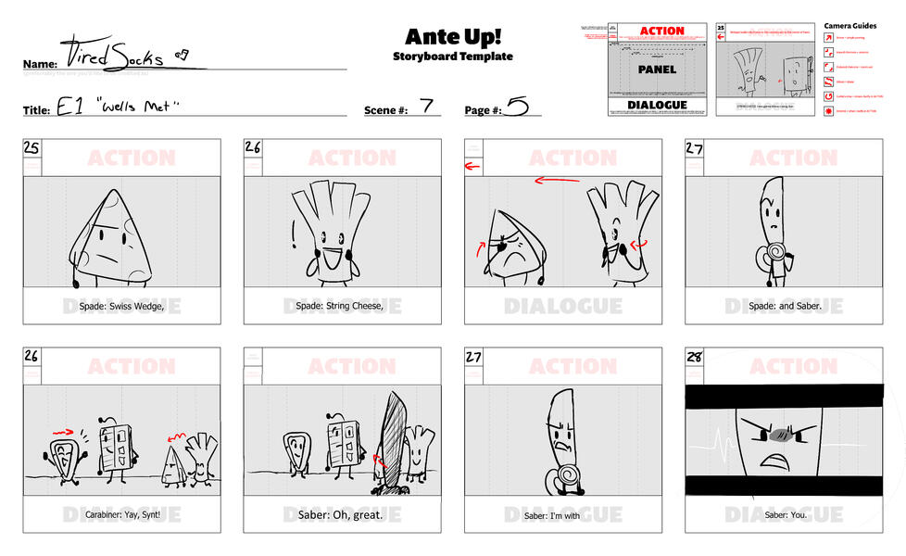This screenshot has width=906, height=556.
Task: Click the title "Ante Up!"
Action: [x=452, y=36]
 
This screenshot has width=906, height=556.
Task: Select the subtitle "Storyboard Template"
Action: [x=452, y=57]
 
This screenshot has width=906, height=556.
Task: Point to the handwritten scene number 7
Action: [x=426, y=105]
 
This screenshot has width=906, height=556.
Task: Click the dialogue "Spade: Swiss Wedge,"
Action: [x=121, y=306]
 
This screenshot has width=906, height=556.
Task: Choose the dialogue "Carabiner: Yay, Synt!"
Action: [x=121, y=514]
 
